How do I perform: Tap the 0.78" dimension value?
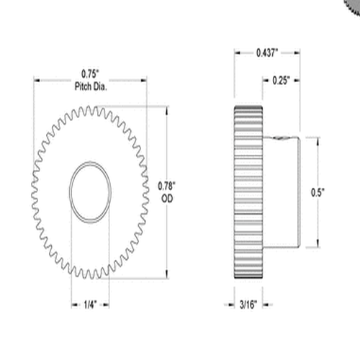click(167, 186)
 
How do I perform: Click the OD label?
click(167, 197)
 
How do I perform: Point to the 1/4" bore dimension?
click(90, 305)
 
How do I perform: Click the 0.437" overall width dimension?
click(267, 53)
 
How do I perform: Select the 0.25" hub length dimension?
click(283, 81)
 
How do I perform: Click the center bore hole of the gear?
click(90, 191)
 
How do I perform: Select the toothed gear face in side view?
click(249, 191)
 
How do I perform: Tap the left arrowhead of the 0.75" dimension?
click(35, 80)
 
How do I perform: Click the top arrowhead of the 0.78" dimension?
click(167, 110)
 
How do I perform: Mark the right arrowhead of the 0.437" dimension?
click(298, 53)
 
